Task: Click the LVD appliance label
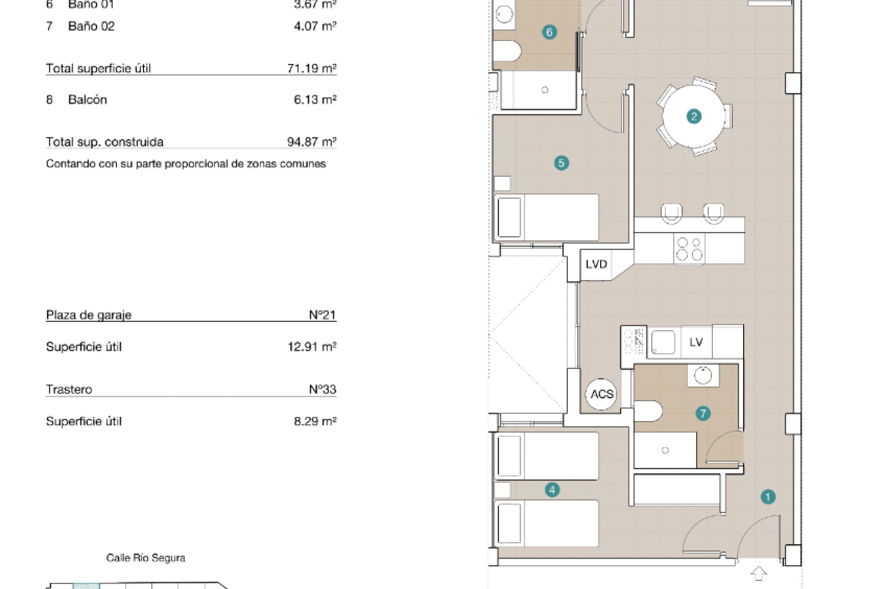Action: pyautogui.click(x=596, y=264)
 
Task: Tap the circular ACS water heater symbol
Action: pyautogui.click(x=602, y=394)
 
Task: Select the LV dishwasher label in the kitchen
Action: pyautogui.click(x=696, y=342)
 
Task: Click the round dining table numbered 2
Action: pyautogui.click(x=694, y=116)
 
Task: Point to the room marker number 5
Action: pyautogui.click(x=561, y=163)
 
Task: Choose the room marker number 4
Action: pyautogui.click(x=552, y=490)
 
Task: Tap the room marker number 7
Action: pyautogui.click(x=703, y=414)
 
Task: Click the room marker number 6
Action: pyautogui.click(x=549, y=32)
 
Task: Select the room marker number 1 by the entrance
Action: pyautogui.click(x=768, y=497)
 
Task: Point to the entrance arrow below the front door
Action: pyautogui.click(x=759, y=573)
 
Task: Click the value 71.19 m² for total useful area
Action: pyautogui.click(x=312, y=69)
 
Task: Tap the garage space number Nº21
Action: pyautogui.click(x=322, y=315)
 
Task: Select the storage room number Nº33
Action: pyautogui.click(x=322, y=389)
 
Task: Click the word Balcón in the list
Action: pyautogui.click(x=87, y=100)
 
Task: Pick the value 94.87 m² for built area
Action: pyautogui.click(x=312, y=142)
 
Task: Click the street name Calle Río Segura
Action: pyautogui.click(x=146, y=558)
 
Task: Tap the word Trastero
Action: pyautogui.click(x=69, y=390)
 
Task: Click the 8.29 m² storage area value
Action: pyautogui.click(x=315, y=421)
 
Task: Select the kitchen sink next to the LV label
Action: pyautogui.click(x=663, y=342)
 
